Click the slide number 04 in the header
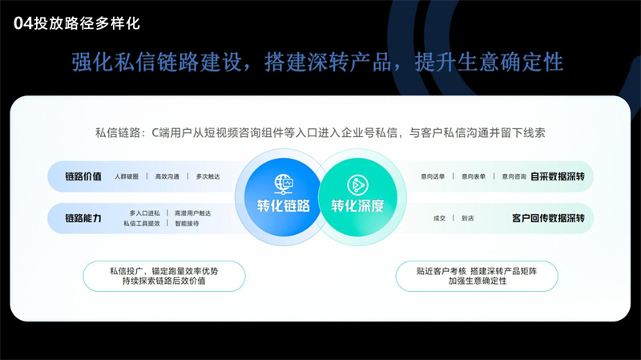[x=23, y=23]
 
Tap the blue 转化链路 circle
[x=283, y=197]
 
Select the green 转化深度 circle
[x=357, y=197]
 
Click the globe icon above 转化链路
[x=284, y=184]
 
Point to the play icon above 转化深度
[x=357, y=185]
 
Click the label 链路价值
[x=83, y=176]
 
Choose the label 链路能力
[x=83, y=218]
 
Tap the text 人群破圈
[x=127, y=176]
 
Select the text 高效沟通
[x=167, y=176]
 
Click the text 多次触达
[x=208, y=176]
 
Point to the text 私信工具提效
[x=142, y=224]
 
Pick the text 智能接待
[x=187, y=224]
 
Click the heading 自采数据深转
[x=558, y=176]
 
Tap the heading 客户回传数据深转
[x=548, y=218]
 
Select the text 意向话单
[x=433, y=176]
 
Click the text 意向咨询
[x=514, y=176]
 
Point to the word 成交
[x=439, y=218]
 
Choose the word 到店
[x=468, y=218]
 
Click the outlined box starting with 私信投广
[x=164, y=276]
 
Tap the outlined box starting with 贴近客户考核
[x=477, y=276]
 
